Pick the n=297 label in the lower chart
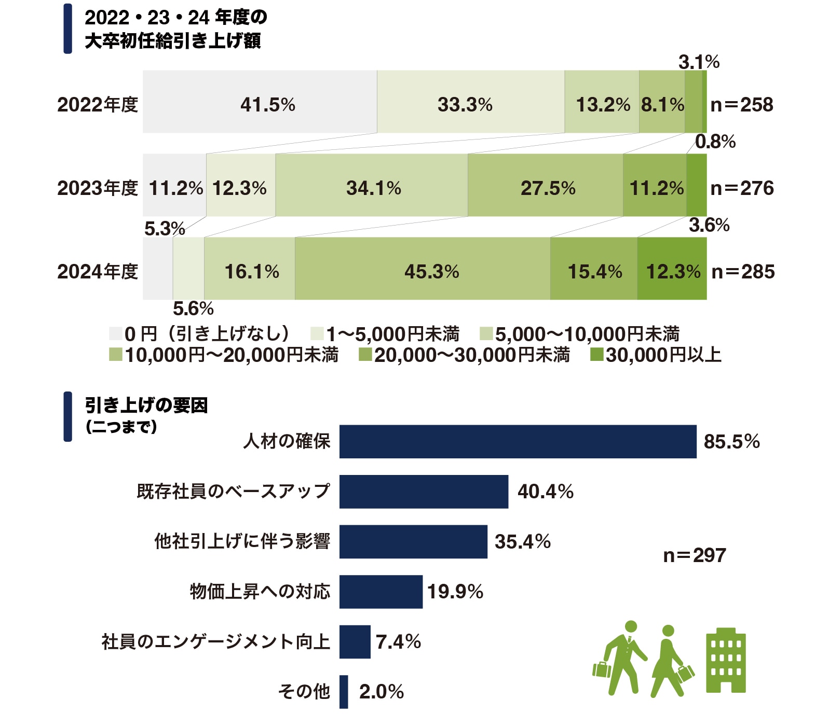[x=694, y=555]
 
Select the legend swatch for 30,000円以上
[x=596, y=355]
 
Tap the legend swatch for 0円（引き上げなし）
[x=115, y=333]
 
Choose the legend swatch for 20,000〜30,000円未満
[x=365, y=355]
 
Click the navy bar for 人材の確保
[x=517, y=441]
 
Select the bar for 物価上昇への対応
[x=380, y=591]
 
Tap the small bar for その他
[x=344, y=691]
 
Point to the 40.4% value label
[x=545, y=491]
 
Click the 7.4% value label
[x=398, y=641]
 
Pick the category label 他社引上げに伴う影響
[x=242, y=541]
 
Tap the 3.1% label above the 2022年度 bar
[x=699, y=62]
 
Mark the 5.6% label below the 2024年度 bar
[x=193, y=309]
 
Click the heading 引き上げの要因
[x=146, y=405]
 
